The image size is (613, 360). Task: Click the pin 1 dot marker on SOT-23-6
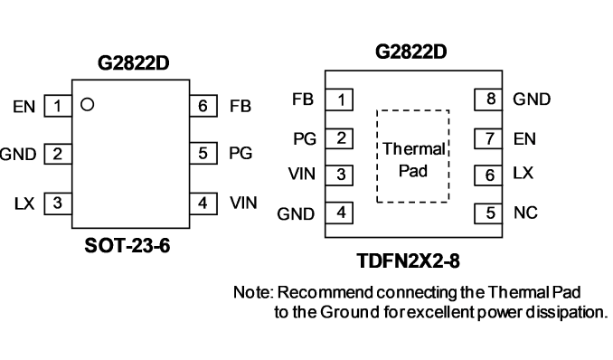[x=87, y=105]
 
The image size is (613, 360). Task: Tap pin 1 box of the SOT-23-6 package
[x=58, y=106]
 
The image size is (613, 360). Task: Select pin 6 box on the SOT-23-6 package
[x=203, y=106]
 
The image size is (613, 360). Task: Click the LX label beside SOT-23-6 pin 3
[x=24, y=204]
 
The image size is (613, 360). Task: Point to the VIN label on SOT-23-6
[x=243, y=204]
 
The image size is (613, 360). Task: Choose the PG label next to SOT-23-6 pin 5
[x=240, y=153]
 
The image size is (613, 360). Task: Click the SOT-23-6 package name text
[x=127, y=246]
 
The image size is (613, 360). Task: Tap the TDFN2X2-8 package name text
[x=408, y=261]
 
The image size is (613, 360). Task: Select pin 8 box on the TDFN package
[x=488, y=99]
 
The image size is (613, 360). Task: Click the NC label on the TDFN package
[x=525, y=213]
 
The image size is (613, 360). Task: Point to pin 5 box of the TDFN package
[x=488, y=213]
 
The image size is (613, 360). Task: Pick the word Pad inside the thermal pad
[x=413, y=171]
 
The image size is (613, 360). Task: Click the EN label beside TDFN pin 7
[x=524, y=139]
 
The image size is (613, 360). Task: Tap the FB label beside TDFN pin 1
[x=303, y=99]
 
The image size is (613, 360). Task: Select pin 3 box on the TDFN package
[x=339, y=175]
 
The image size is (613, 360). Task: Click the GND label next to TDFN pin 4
[x=296, y=214]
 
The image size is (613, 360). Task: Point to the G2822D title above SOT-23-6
[x=133, y=63]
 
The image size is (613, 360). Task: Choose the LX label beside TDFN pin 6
[x=523, y=173]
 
